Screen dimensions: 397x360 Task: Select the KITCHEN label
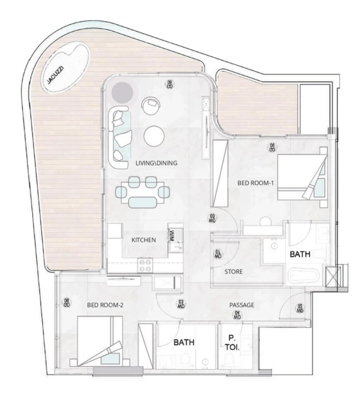[144, 240]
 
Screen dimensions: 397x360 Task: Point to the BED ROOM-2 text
[105, 305]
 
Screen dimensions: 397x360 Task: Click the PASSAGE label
[242, 305]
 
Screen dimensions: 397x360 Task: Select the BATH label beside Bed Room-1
[299, 254]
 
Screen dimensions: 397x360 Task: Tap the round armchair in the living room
[151, 106]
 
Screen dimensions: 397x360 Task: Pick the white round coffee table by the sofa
[154, 136]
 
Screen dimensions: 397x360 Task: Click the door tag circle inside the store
[218, 254]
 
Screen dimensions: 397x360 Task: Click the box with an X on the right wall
[333, 275]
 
